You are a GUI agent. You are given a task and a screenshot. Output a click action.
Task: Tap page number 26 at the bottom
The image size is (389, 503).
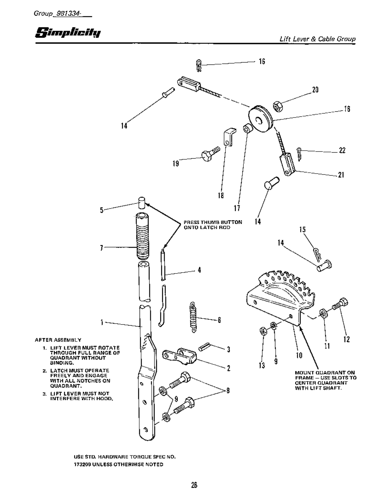pos(194,485)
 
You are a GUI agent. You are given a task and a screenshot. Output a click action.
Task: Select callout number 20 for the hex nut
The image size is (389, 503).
pos(315,90)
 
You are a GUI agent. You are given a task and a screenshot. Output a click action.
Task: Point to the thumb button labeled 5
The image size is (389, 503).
pos(141,203)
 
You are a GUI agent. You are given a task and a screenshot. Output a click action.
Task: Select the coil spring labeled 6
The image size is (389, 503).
pos(193,317)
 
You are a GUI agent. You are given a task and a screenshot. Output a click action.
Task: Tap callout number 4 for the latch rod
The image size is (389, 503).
pos(199,270)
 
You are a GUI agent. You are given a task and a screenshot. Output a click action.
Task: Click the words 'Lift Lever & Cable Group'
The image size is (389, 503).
pos(317,39)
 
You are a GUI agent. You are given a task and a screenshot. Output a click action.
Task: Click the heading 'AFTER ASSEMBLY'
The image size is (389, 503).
pos(58,340)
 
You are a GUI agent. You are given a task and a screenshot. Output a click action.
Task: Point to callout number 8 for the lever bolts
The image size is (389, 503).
pos(228,390)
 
